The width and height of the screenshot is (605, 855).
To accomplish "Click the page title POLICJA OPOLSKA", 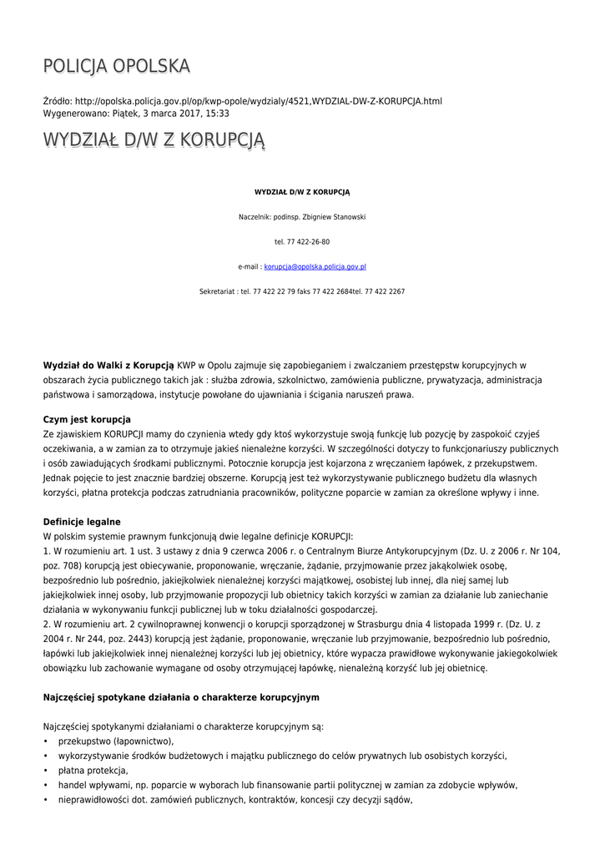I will pos(117,66).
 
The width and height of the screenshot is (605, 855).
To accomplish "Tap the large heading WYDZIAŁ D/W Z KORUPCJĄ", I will pos(154,140).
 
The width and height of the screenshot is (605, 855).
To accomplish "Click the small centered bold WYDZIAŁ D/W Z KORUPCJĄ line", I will pos(302,192).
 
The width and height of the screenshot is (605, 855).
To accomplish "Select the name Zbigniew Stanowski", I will pos(333,217).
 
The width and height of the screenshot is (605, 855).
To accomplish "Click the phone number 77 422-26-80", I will pos(307,242).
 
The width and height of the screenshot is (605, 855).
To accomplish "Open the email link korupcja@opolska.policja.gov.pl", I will pos(315,267).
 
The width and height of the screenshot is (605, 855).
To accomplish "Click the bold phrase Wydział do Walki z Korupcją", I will pos(108,365).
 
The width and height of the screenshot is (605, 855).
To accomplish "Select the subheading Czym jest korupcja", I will pos(87,419).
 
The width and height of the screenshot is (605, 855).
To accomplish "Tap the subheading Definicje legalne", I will pos(82,522).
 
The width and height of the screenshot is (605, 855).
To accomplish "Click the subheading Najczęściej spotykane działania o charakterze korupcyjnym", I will pos(181,696).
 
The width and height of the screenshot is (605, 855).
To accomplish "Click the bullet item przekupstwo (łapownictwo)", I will pos(116,741).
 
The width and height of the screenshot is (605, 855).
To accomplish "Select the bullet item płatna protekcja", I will pos(93,771).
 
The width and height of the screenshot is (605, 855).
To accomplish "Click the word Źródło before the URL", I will pos(58,102).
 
